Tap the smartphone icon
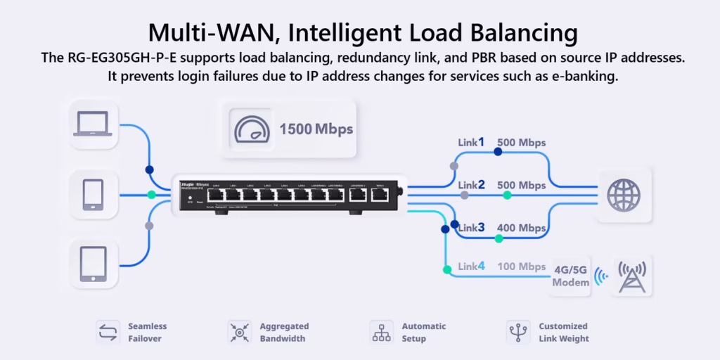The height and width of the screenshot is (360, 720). pyautogui.click(x=93, y=195)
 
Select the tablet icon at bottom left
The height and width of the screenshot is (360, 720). pyautogui.click(x=93, y=262)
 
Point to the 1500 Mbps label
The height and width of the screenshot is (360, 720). pyautogui.click(x=316, y=129)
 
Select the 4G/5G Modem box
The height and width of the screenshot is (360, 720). pyautogui.click(x=571, y=276)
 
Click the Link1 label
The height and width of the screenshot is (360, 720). pyautogui.click(x=471, y=142)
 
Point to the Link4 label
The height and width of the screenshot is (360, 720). pyautogui.click(x=471, y=266)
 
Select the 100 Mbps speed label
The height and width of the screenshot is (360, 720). pyautogui.click(x=522, y=266)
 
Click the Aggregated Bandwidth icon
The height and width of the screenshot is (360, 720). pyautogui.click(x=239, y=332)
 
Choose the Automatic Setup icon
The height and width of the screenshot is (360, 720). pyautogui.click(x=381, y=332)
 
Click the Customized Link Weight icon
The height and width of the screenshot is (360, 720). pyautogui.click(x=517, y=332)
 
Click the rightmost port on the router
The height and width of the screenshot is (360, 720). pyautogui.click(x=380, y=195)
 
